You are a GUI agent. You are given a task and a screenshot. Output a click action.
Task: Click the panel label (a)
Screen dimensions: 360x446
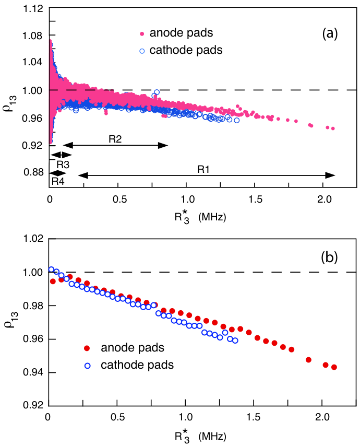tap(330, 33)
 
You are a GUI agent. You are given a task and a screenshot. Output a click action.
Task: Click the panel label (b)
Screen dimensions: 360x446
tap(329, 257)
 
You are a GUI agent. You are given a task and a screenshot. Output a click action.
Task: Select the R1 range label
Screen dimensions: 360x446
tap(203, 170)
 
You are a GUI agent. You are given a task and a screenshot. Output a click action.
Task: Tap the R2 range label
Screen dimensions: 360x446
tap(115, 139)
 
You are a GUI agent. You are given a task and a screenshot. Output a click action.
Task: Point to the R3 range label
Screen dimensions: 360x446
tap(63, 165)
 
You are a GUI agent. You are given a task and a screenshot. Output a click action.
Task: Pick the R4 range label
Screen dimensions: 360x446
tap(58, 181)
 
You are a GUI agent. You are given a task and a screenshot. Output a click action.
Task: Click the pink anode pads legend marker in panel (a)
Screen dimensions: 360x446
tap(142, 34)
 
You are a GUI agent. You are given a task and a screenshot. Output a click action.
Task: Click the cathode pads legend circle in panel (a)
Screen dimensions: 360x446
tap(142, 51)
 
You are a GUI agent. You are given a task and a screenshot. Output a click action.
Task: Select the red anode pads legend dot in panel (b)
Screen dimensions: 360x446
tap(87, 348)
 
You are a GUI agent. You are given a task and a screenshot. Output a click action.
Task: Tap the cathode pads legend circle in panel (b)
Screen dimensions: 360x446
tap(88, 366)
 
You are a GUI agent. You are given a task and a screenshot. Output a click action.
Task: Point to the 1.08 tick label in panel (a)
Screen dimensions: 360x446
tap(33, 36)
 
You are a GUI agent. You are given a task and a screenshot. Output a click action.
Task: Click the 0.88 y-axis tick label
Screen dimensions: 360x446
tap(33, 172)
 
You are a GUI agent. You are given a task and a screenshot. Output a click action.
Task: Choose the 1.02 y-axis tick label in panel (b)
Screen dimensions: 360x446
tap(33, 238)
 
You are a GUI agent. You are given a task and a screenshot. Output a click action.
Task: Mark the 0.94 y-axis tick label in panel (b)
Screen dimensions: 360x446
tap(33, 372)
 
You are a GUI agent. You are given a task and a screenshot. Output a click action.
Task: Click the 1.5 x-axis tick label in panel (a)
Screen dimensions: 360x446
tap(256, 199)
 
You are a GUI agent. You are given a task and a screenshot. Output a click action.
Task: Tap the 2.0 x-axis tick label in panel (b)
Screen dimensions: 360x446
tap(322, 417)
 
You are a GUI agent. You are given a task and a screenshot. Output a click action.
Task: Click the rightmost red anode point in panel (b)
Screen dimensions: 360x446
tap(334, 367)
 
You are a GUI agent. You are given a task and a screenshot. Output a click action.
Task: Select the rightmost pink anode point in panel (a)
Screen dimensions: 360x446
tap(333, 128)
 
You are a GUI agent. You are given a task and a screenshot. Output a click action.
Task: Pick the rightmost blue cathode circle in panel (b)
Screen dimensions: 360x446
tap(235, 341)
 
